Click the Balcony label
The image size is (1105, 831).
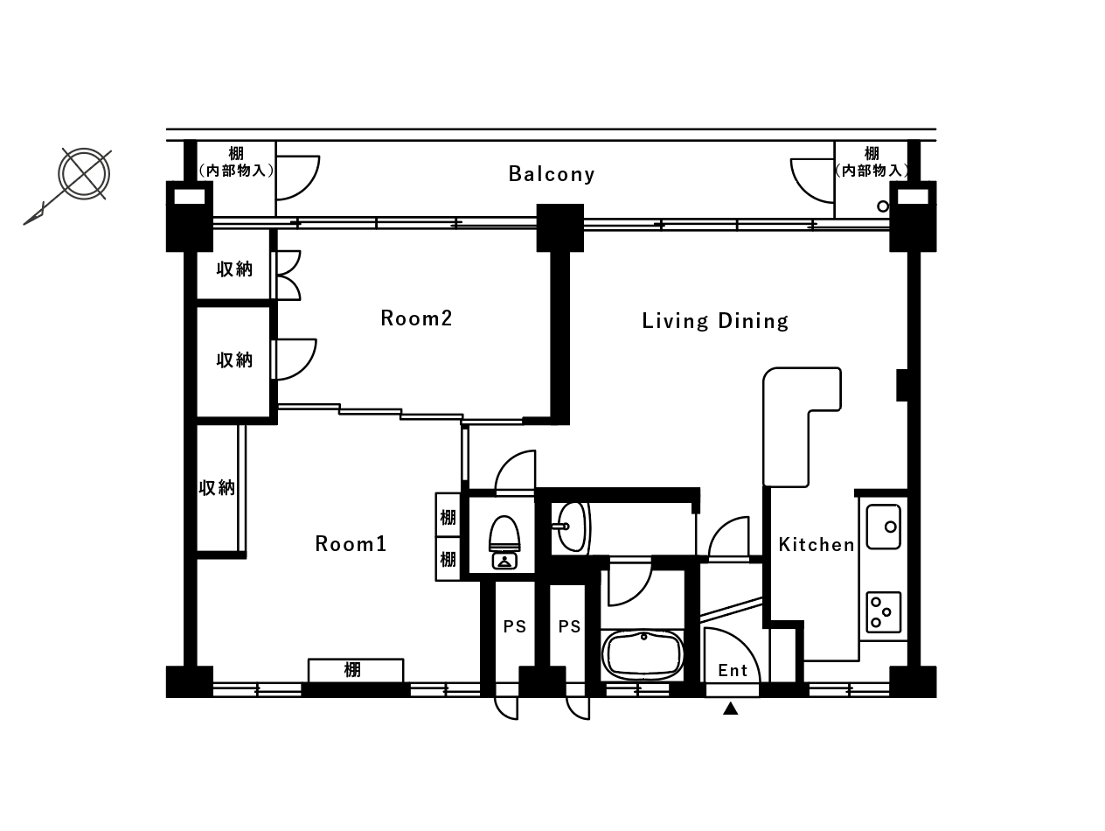pyautogui.click(x=552, y=174)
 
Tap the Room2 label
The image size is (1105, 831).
pyautogui.click(x=416, y=318)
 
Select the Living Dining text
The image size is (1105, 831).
pyautogui.click(x=715, y=321)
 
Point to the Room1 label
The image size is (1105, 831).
pyautogui.click(x=351, y=544)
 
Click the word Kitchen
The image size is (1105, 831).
pyautogui.click(x=816, y=544)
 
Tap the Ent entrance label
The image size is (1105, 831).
pyautogui.click(x=733, y=670)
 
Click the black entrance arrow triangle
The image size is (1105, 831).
pyautogui.click(x=731, y=709)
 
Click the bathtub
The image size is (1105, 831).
pyautogui.click(x=643, y=654)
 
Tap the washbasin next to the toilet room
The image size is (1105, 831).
pyautogui.click(x=572, y=527)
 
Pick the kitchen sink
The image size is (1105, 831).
pyautogui.click(x=884, y=527)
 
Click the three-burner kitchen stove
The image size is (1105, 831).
pyautogui.click(x=884, y=612)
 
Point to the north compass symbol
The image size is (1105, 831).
pyautogui.click(x=84, y=174)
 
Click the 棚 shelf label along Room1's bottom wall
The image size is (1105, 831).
pyautogui.click(x=352, y=670)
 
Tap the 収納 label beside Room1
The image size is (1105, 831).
pyautogui.click(x=217, y=487)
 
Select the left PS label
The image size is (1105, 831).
pyautogui.click(x=515, y=626)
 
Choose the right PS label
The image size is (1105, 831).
pyautogui.click(x=569, y=626)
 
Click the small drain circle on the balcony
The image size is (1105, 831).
pyautogui.click(x=882, y=206)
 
